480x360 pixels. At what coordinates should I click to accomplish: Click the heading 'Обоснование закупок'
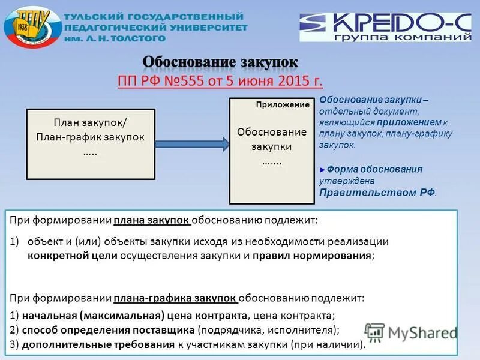point(220,62)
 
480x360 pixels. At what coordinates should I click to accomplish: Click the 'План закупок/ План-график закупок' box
point(90,137)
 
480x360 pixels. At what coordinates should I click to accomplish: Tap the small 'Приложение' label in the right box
point(282,104)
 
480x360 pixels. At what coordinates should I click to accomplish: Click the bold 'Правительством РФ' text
point(377,193)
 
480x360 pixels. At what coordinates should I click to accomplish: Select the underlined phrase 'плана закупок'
point(152,220)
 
